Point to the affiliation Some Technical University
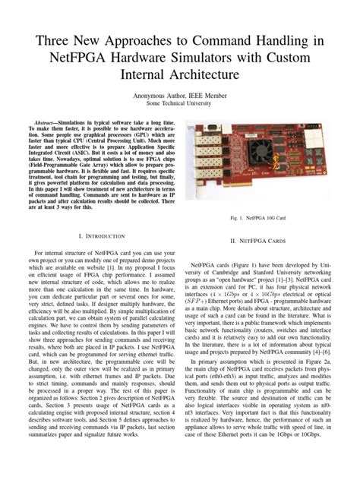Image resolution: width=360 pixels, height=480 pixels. coord(180,106)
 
